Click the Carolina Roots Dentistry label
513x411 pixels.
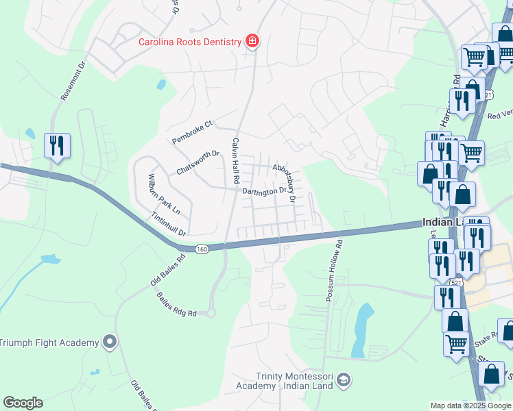[190, 42]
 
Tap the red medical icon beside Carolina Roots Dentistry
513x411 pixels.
[252, 42]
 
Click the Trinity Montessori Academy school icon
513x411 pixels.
[344, 379]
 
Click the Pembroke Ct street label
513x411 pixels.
[193, 132]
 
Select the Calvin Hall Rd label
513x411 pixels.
[235, 159]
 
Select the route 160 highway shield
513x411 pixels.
[201, 249]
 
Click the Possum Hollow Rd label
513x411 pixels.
[335, 271]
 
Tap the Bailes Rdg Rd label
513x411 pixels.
[177, 304]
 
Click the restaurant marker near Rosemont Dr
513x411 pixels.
[56, 146]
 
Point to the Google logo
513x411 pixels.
[23, 403]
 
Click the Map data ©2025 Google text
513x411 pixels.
[470, 406]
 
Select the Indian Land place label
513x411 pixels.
[443, 222]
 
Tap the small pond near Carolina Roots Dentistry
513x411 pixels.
[161, 85]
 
